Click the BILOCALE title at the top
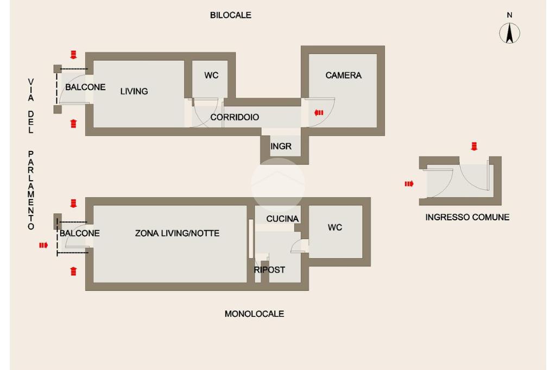tap(230, 15)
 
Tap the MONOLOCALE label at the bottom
tap(254, 314)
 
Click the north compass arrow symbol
tap(509, 33)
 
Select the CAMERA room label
tap(343, 75)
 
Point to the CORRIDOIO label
tap(235, 117)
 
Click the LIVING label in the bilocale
tap(134, 92)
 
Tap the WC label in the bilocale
tap(211, 75)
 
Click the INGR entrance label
tap(281, 146)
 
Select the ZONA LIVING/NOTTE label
tap(178, 233)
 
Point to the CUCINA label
tap(282, 219)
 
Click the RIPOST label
tap(269, 270)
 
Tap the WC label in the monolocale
tap(334, 227)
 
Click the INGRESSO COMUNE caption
tap(467, 217)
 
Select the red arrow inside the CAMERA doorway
tap(319, 113)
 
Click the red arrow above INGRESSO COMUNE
tap(474, 146)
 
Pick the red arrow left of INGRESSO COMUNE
tap(409, 183)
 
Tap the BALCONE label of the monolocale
tap(79, 233)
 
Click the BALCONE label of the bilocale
tap(85, 87)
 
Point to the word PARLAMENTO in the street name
tap(31, 190)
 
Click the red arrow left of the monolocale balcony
tap(43, 245)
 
